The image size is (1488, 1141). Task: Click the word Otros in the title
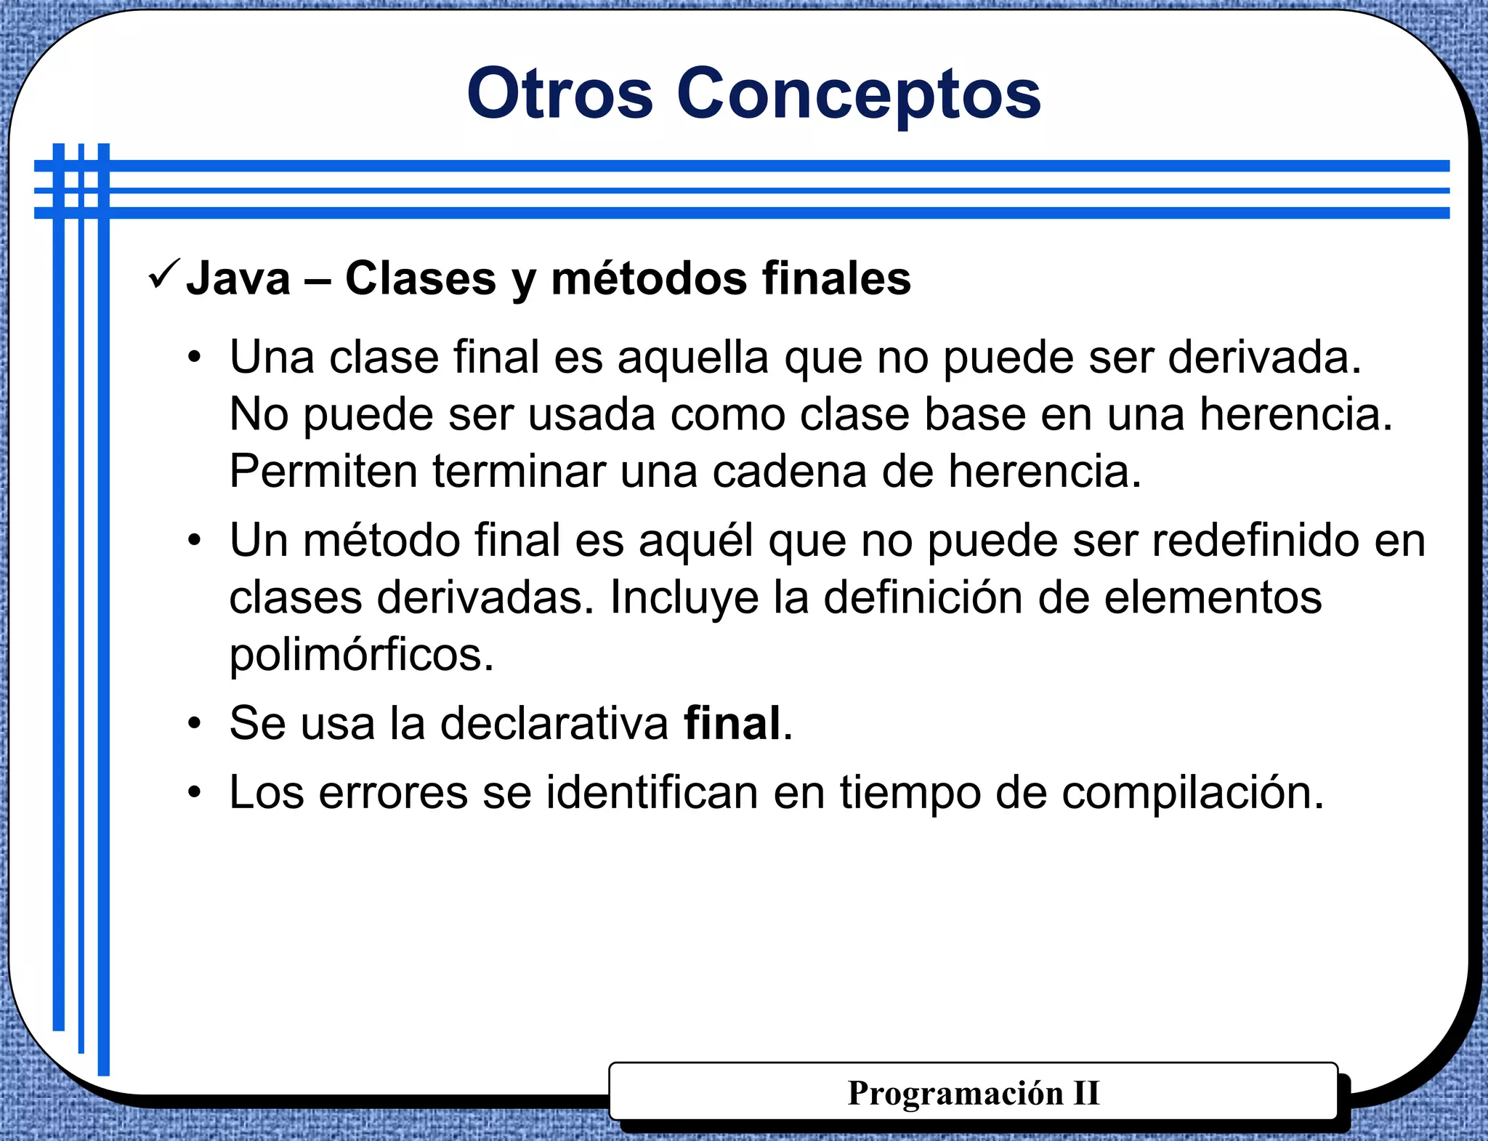coord(559,94)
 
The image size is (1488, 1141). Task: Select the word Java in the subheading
coord(238,279)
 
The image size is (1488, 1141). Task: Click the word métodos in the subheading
coord(649,279)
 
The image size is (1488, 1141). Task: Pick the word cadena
coord(789,472)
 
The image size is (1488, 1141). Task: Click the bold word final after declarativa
coord(732,724)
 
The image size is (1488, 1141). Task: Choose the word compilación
coord(1192,794)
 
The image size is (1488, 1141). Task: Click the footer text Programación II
coord(974,1093)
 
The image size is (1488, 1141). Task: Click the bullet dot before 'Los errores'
coord(194,793)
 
